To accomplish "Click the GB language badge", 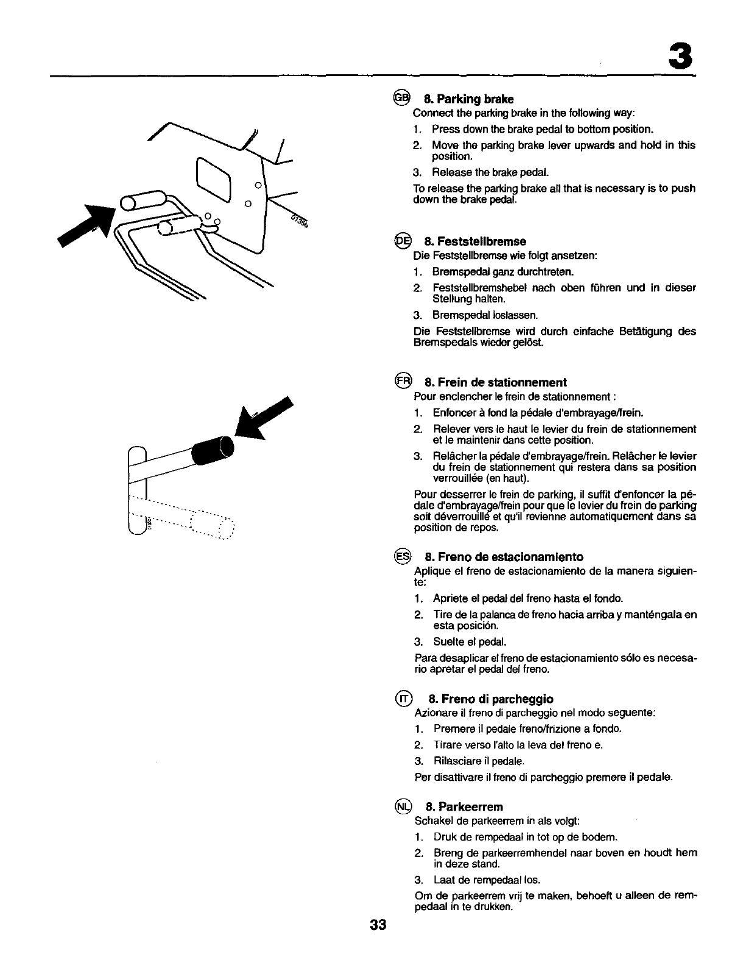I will tap(401, 97).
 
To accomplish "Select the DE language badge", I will tap(402, 240).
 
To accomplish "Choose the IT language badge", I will tap(403, 698).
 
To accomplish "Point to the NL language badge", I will tap(403, 806).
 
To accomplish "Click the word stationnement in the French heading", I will tap(531, 382).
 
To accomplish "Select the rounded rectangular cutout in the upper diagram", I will tap(214, 180).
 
